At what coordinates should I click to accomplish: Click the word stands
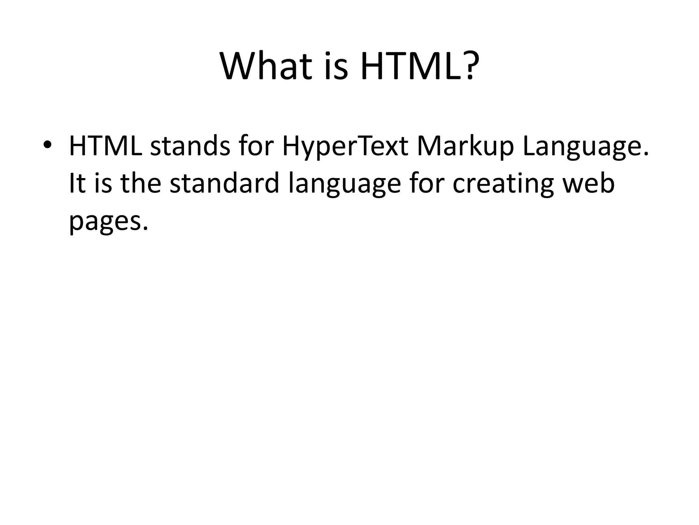[190, 146]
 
